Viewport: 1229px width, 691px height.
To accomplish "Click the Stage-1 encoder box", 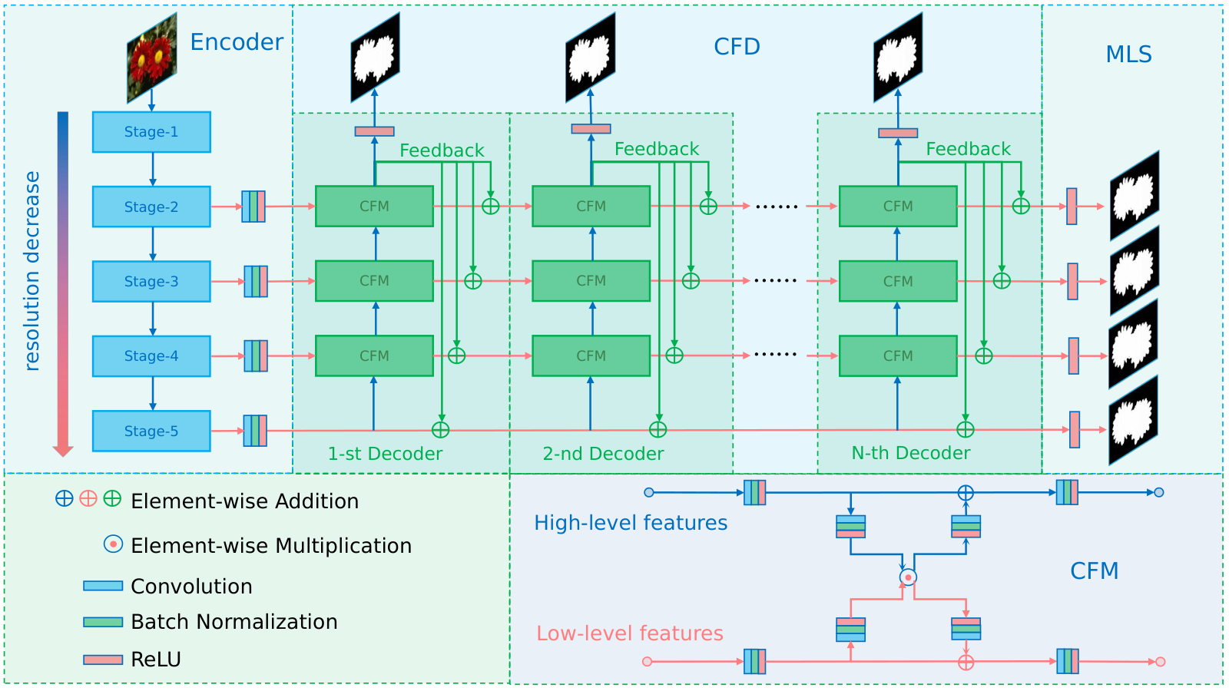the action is coord(151,132).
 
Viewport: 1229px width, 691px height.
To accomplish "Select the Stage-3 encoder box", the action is coord(151,281).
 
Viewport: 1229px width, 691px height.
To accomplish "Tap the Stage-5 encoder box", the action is coord(151,431).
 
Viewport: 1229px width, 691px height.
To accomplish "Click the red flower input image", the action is coord(152,58).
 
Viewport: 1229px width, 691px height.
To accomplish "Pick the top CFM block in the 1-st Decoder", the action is coord(374,207).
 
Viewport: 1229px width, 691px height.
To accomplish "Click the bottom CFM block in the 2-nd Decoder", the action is coord(591,356).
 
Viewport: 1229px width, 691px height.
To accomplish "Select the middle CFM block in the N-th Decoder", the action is coord(898,281).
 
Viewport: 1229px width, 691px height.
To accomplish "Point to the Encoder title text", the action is coord(237,42).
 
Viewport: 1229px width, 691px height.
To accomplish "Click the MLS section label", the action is coord(1128,55).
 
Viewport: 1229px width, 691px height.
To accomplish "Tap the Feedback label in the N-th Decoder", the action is coord(969,149).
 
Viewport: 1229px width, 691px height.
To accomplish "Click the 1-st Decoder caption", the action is coord(385,454).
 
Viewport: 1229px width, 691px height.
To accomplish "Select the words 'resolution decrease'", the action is coord(32,272).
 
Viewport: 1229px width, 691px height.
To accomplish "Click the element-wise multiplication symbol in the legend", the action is coord(113,544).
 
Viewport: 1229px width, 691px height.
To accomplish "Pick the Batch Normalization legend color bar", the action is coord(103,622).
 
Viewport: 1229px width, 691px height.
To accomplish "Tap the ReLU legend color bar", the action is coord(103,660).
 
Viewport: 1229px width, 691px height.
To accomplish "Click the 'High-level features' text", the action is coord(631,523).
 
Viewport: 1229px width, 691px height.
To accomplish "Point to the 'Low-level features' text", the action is coord(630,633).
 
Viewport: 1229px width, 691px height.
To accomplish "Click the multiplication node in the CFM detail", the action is coord(908,577).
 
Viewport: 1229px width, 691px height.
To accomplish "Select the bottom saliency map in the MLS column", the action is coord(1134,421).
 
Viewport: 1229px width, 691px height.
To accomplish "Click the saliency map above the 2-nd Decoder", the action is coord(591,58).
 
